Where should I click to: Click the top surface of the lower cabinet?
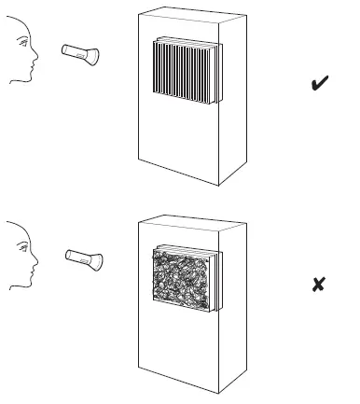(x=190, y=221)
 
